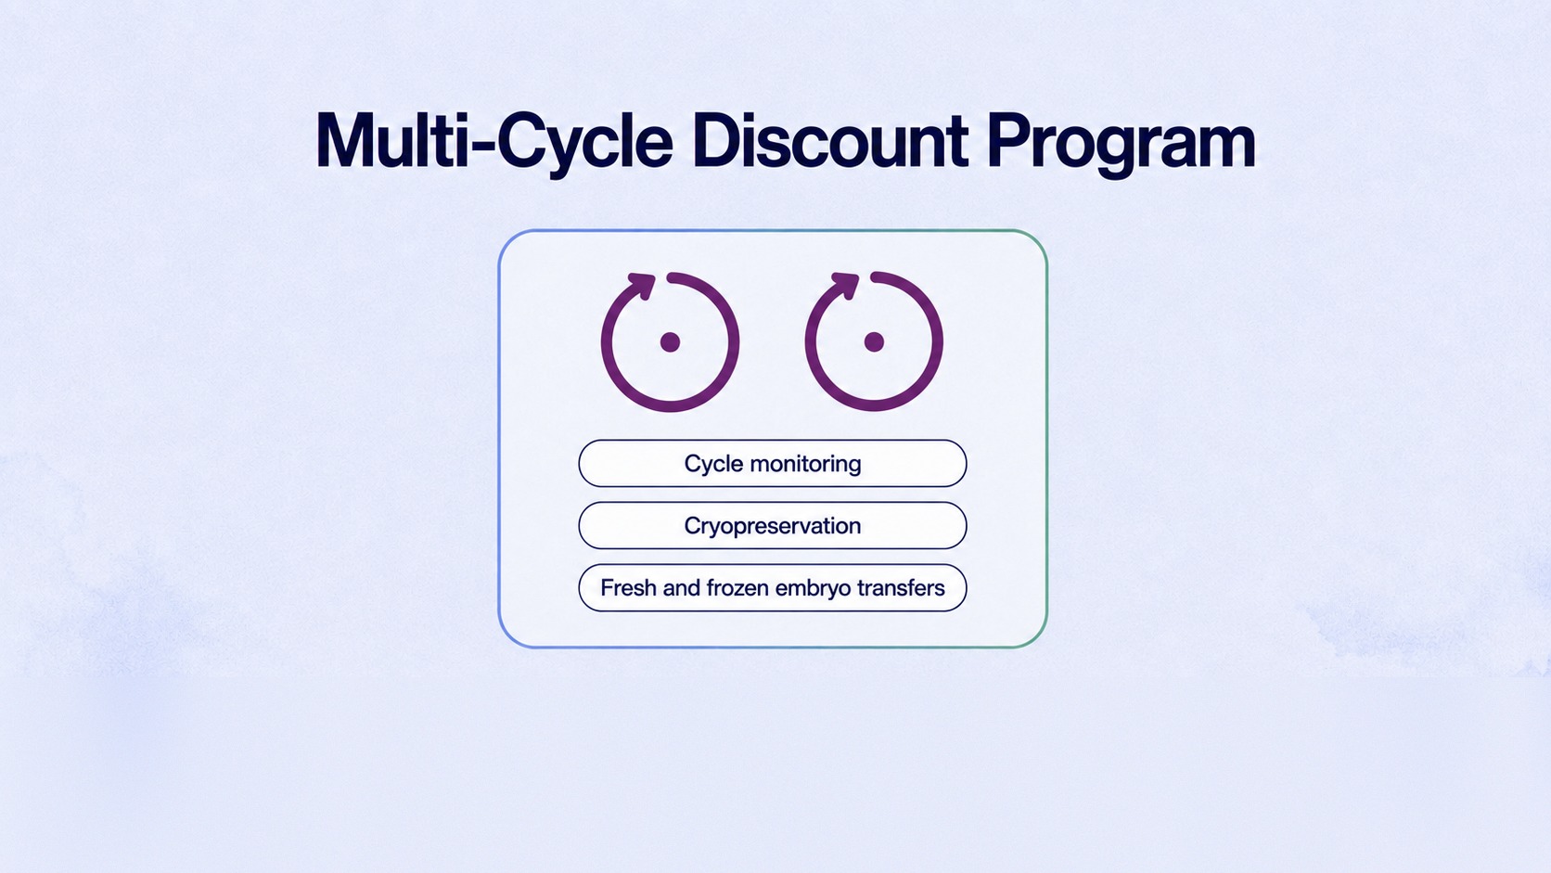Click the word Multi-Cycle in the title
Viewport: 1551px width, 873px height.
pyautogui.click(x=494, y=143)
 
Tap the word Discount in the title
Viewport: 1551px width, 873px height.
pyautogui.click(x=829, y=141)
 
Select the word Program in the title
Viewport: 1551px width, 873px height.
pyautogui.click(x=1121, y=146)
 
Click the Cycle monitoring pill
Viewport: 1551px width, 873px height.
pyautogui.click(x=772, y=463)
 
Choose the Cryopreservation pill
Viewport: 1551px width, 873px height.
pyautogui.click(x=772, y=525)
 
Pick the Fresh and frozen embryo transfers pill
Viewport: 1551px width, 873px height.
pyautogui.click(x=772, y=588)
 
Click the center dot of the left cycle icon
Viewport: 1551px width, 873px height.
pyautogui.click(x=670, y=342)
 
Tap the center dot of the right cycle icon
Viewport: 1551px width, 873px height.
pyautogui.click(x=874, y=342)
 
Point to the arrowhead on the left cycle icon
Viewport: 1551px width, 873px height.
pyautogui.click(x=641, y=286)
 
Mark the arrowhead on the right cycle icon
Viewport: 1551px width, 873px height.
pyautogui.click(x=845, y=285)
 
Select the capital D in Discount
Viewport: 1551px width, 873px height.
pyautogui.click(x=718, y=141)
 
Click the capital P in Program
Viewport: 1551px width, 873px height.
pyautogui.click(x=1009, y=141)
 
